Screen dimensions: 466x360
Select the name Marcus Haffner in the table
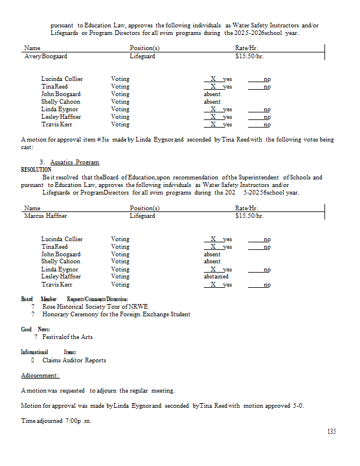pyautogui.click(x=45, y=216)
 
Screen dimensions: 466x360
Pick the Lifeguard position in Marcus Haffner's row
pyautogui.click(x=142, y=216)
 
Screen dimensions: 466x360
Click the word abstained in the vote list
pyautogui.click(x=216, y=277)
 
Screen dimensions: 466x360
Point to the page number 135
pyautogui.click(x=331, y=432)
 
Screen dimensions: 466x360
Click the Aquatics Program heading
pyautogui.click(x=75, y=162)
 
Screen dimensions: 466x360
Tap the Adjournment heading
pyautogui.click(x=40, y=376)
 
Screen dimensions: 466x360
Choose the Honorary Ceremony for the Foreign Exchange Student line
pyautogui.click(x=116, y=315)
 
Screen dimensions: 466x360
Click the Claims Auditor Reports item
pyautogui.click(x=74, y=360)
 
